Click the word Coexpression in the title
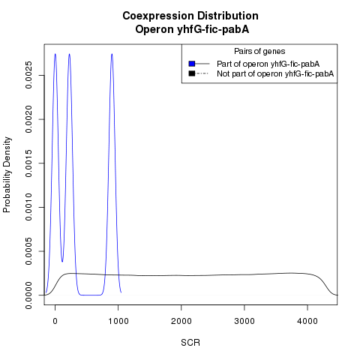tap(158, 16)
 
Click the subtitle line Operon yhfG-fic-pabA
tap(192, 29)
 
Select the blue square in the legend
tap(192, 64)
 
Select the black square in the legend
tap(192, 73)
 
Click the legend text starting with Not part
tap(275, 73)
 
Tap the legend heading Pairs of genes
tap(259, 51)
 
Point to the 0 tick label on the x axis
tap(55, 321)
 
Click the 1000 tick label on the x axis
tap(118, 321)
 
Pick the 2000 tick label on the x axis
tap(181, 321)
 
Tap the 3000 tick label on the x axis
tap(244, 321)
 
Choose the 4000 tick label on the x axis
tap(307, 321)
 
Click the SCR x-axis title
tap(190, 343)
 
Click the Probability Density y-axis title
tap(7, 175)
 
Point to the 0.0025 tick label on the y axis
tap(28, 75)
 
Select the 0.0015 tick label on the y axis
tap(28, 163)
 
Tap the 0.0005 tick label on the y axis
tap(28, 251)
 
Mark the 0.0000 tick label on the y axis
tap(28, 295)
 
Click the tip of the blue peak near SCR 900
tap(112, 54)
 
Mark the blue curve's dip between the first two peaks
tap(62, 262)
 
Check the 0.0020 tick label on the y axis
tap(28, 119)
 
